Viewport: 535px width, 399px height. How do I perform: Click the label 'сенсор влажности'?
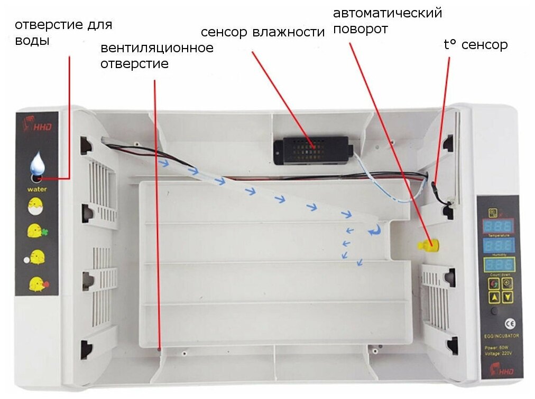[x=262, y=32]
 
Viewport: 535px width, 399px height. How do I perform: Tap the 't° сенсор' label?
[x=475, y=45]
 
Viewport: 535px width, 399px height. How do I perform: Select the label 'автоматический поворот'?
[x=387, y=20]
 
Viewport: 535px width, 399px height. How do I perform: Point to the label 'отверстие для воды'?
[x=63, y=32]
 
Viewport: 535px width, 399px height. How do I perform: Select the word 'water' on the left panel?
[x=37, y=189]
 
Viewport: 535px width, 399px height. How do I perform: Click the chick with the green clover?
[x=36, y=231]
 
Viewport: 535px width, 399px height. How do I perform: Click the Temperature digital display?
[x=497, y=226]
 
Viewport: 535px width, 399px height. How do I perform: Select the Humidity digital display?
[x=497, y=246]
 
